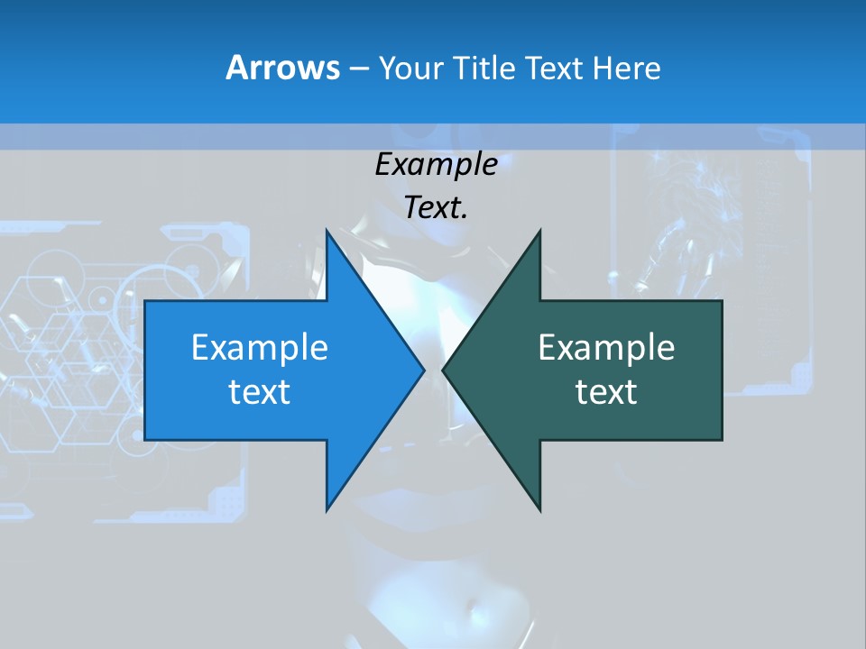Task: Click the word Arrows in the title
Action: click(x=282, y=68)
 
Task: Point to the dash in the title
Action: click(x=358, y=69)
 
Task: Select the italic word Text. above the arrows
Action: click(x=437, y=207)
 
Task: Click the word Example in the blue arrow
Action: click(x=260, y=347)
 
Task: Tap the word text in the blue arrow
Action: click(x=260, y=391)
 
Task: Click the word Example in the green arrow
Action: click(x=606, y=347)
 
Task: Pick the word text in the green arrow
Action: click(x=606, y=391)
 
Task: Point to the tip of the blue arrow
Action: click(x=424, y=370)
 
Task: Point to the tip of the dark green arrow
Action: click(x=443, y=370)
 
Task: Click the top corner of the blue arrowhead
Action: click(x=327, y=230)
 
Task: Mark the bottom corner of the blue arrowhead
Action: click(x=327, y=510)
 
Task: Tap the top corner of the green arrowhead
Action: click(x=539, y=230)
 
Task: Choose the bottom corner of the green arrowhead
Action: click(x=539, y=510)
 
